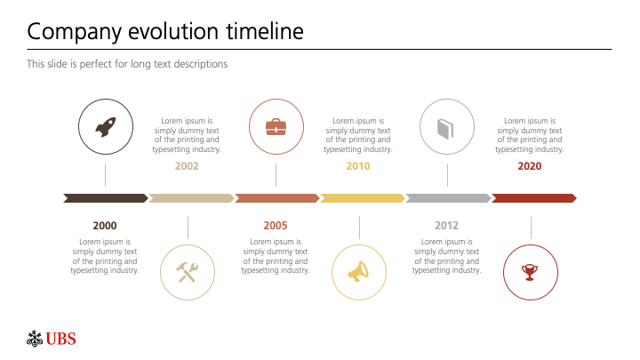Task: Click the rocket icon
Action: (106, 127)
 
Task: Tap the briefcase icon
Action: (276, 127)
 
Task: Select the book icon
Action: (445, 129)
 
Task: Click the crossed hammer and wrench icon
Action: (188, 272)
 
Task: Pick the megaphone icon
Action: (358, 272)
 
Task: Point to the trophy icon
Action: (530, 272)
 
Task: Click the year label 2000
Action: (105, 226)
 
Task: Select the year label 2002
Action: (187, 166)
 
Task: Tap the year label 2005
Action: (275, 226)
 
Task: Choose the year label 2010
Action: (358, 166)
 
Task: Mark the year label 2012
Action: (446, 226)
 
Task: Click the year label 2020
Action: (530, 166)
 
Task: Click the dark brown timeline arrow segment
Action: (106, 198)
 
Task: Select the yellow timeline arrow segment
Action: (363, 198)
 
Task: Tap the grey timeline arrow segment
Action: (448, 198)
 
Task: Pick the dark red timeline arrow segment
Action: (534, 198)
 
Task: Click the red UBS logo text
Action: (60, 340)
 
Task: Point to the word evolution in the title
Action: (173, 31)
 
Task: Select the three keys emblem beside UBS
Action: (35, 339)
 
